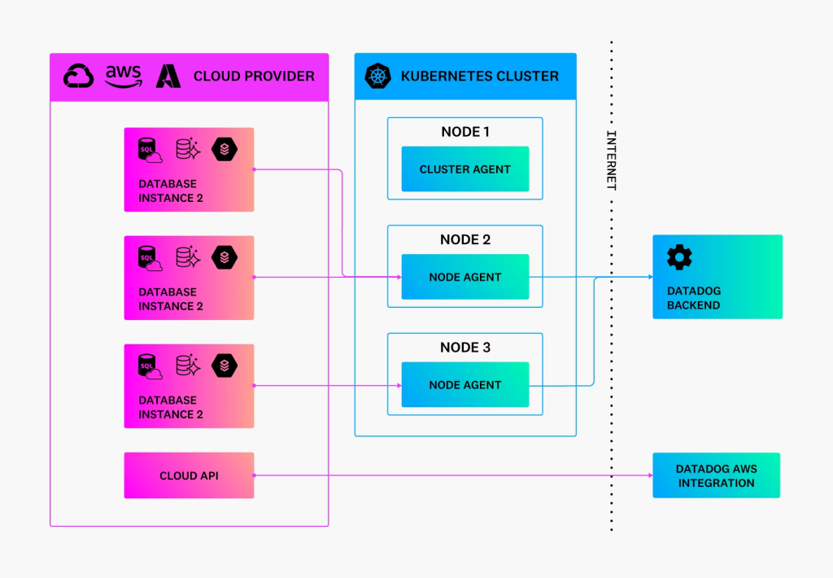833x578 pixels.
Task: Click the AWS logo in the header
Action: pos(124,76)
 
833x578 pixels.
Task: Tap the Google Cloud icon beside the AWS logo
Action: pos(79,76)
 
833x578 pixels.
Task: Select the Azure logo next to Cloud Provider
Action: pos(168,76)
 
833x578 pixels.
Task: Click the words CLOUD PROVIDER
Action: pos(254,76)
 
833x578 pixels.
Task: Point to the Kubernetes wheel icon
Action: pos(377,76)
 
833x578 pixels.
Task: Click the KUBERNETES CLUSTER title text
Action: pos(480,76)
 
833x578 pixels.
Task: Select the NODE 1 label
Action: pos(464,132)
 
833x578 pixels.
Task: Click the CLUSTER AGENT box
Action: pos(464,169)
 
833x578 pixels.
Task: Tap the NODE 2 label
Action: pos(464,240)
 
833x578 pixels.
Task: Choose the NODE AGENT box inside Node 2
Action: pos(464,277)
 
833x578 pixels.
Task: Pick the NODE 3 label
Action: pos(464,348)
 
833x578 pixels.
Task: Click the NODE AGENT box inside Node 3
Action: pos(464,385)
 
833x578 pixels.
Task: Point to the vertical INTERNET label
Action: pos(612,160)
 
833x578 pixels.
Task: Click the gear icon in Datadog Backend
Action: pos(679,257)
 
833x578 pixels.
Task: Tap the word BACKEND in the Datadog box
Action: pos(693,305)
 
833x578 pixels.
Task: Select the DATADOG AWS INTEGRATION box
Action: pos(716,475)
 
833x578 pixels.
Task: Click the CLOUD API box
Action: pos(189,475)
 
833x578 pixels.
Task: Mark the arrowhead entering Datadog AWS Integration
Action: pos(650,475)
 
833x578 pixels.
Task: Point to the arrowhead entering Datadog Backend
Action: pos(650,277)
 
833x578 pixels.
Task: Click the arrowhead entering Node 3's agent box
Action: pos(399,386)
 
